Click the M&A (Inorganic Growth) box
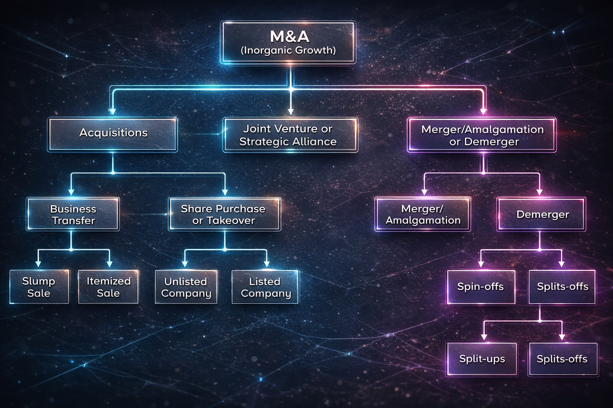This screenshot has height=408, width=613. click(288, 42)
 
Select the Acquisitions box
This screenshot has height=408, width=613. click(113, 134)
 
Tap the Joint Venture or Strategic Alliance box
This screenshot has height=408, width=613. click(290, 135)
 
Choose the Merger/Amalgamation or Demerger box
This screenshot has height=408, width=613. click(482, 135)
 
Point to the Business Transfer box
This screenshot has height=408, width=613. click(73, 214)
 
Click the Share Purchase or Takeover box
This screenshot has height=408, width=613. click(224, 214)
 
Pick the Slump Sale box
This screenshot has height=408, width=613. click(39, 287)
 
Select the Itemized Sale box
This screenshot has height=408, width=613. click(108, 287)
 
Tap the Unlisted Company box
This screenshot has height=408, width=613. click(186, 287)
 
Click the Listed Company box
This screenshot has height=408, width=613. click(265, 287)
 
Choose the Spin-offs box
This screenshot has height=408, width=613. click(481, 287)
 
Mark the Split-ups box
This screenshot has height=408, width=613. click(482, 359)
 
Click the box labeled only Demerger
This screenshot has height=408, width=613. click(542, 214)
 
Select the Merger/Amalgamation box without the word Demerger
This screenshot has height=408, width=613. click(423, 214)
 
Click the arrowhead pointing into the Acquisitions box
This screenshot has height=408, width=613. click(113, 111)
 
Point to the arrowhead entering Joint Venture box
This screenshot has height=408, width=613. click(291, 111)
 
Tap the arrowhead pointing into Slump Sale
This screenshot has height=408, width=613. click(38, 264)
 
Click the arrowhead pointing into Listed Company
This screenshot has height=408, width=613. click(267, 264)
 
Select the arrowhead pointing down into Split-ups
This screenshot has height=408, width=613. click(484, 337)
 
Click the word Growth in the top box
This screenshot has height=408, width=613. click(316, 51)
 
